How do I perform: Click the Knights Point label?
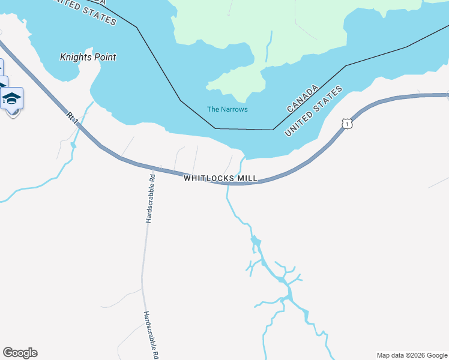88,57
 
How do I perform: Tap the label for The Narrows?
227,109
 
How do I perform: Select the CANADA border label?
303,99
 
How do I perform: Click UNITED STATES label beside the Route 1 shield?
313,110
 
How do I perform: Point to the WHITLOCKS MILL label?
220,178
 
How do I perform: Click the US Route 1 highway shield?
346,124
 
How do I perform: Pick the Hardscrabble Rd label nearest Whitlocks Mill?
151,199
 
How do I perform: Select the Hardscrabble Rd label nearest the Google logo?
151,335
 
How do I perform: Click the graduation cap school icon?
12,98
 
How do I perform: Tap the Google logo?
20,353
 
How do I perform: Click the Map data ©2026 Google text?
412,355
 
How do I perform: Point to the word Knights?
74,57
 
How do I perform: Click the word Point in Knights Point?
103,57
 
